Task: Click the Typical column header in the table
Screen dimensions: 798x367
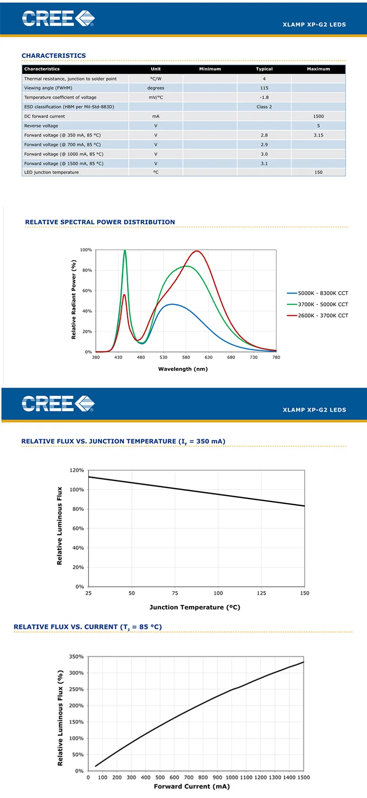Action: click(264, 69)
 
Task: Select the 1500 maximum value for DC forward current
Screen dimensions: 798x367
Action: click(319, 116)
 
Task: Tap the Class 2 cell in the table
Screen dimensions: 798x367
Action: click(264, 107)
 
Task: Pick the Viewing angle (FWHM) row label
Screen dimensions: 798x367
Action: click(48, 88)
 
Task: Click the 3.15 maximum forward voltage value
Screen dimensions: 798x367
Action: click(319, 135)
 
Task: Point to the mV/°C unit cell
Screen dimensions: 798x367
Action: click(156, 97)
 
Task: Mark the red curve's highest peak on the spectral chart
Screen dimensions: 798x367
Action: click(197, 251)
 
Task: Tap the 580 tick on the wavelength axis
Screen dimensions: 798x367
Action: click(186, 357)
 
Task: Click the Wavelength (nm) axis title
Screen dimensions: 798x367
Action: click(183, 369)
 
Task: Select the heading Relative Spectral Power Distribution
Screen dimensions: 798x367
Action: click(100, 222)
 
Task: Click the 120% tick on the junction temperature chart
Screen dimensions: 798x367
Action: click(77, 470)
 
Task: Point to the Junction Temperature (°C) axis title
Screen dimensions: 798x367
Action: click(195, 607)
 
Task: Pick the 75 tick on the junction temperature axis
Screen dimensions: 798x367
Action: click(175, 593)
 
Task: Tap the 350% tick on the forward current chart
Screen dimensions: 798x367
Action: click(76, 657)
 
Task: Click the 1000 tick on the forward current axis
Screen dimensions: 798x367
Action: click(232, 777)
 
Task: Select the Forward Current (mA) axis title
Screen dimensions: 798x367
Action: click(192, 786)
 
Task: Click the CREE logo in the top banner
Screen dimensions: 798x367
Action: click(58, 19)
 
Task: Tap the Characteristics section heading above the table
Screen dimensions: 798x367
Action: click(54, 56)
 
